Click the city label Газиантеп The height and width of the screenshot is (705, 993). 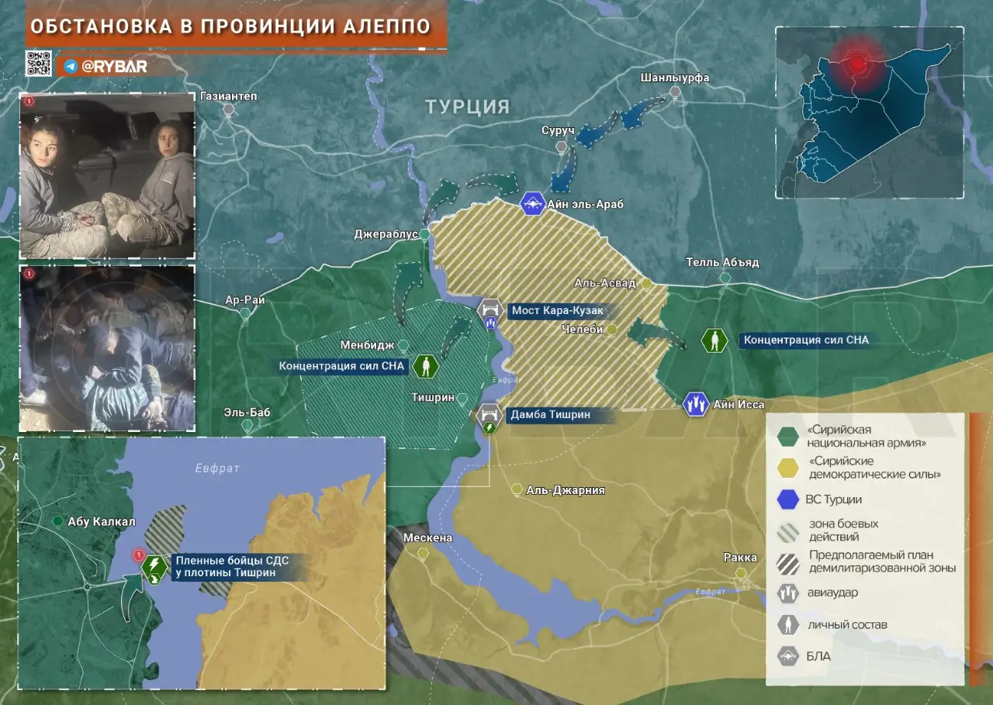coord(228,96)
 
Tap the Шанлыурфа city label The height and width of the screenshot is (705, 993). coord(675,78)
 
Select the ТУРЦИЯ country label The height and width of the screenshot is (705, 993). coord(467,107)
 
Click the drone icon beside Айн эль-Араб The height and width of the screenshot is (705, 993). coord(533,204)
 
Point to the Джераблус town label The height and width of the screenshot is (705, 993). coord(386,233)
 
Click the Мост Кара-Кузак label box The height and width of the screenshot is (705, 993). coord(555,311)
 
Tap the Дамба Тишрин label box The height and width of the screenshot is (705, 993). coord(549,415)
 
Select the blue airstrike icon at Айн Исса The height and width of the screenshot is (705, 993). coord(696,404)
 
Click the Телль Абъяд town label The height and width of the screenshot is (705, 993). coord(722,262)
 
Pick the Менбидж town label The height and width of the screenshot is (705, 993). coord(368,344)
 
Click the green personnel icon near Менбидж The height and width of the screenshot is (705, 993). coord(425,366)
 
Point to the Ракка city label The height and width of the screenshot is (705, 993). coord(740,557)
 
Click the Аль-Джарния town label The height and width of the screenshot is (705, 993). coord(565,490)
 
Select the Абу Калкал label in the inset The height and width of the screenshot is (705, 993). coord(102,521)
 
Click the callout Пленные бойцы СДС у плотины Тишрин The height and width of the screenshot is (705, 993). coord(232,566)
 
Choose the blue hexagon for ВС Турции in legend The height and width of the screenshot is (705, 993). coord(788,499)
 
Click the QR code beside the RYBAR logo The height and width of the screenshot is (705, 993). coord(38,64)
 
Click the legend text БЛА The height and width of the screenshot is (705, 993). coord(819,656)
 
